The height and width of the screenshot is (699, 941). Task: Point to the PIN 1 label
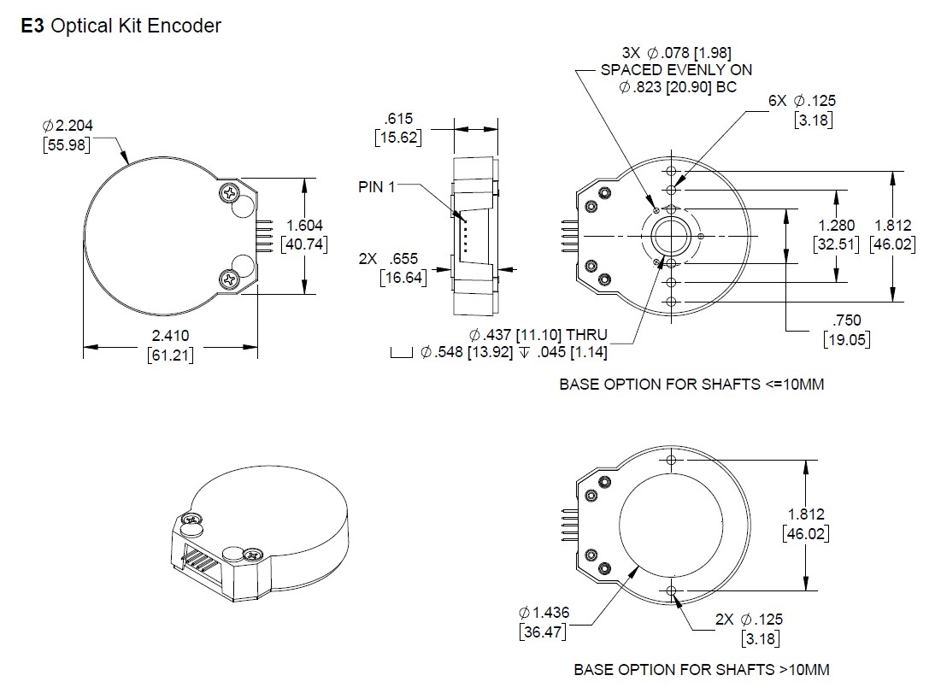tap(376, 187)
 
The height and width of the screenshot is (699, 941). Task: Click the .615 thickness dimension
tap(399, 119)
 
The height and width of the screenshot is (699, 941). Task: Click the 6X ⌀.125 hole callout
tap(801, 101)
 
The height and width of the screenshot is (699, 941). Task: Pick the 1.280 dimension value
tap(836, 226)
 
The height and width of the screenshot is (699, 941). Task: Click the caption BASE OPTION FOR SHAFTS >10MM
tap(701, 669)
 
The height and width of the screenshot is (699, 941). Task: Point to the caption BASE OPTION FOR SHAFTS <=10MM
tap(691, 385)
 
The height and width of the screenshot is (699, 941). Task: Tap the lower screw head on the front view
tap(229, 278)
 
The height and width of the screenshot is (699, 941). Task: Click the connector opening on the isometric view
tap(198, 559)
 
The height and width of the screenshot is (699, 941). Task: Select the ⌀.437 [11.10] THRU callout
tap(538, 334)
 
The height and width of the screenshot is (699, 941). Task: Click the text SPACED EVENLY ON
tap(677, 70)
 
